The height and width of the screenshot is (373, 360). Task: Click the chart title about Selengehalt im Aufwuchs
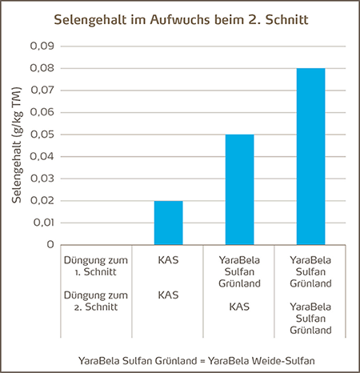tap(180, 18)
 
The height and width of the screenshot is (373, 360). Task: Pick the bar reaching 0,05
tap(239, 189)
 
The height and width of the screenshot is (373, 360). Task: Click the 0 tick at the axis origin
tap(49, 244)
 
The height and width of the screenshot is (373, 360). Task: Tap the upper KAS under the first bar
tap(168, 260)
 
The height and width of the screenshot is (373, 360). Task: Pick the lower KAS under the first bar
tap(168, 296)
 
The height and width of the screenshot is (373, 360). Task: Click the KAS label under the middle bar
tap(239, 307)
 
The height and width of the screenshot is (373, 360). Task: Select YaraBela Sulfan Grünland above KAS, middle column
tap(239, 271)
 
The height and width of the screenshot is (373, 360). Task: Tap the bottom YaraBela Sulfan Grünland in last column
tap(310, 318)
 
